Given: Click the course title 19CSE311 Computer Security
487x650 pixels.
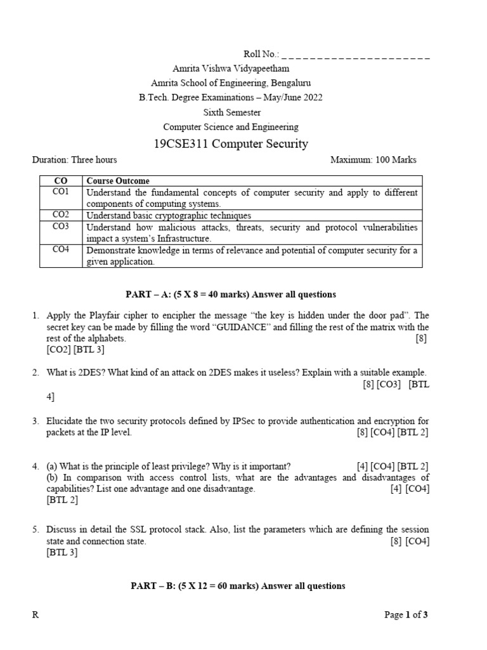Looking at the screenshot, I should coord(231,144).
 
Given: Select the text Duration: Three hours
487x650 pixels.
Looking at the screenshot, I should coord(74,160).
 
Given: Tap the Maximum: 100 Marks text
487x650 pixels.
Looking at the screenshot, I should coord(373,160).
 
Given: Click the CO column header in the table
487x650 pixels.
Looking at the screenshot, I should coord(61,181).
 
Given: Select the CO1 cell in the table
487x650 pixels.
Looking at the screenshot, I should coord(61,192).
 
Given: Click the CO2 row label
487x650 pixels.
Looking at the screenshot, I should coord(61,215).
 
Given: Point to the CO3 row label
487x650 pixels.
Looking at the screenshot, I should coord(61,227).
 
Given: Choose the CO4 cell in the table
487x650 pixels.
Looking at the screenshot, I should coord(61,250).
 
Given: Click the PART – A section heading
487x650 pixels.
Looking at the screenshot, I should coord(230,295).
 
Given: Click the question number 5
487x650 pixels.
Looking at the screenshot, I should coord(36,529).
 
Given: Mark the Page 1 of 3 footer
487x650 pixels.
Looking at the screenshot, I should coord(410,615).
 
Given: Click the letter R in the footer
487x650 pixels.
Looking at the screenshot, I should coord(36,615).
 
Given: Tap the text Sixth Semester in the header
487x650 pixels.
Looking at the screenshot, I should coord(231,112).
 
